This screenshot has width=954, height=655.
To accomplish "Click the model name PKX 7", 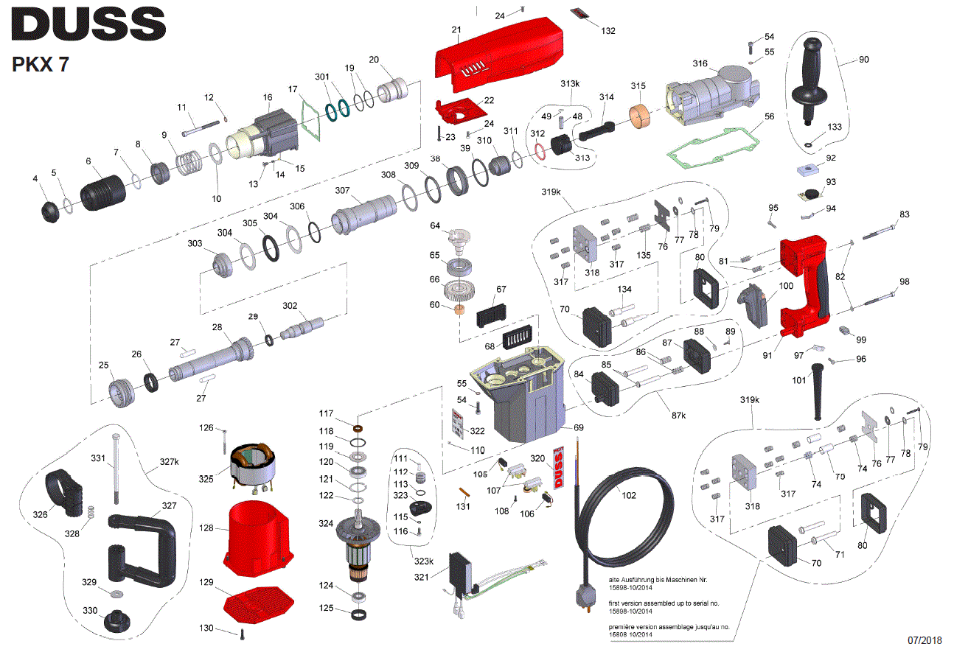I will tap(41, 64).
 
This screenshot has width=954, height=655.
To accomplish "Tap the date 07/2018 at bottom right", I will tap(924, 640).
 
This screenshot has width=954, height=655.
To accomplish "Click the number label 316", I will tap(700, 64).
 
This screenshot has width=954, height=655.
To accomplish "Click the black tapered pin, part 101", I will tap(818, 390).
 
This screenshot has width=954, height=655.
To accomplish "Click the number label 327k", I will tap(169, 462).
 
